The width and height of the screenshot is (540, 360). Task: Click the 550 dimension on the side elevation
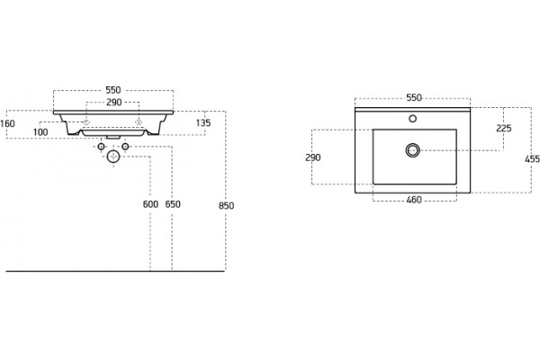tap(113, 90)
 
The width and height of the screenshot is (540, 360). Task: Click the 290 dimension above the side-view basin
tap(114, 103)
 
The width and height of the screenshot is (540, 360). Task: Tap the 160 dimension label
tap(7, 123)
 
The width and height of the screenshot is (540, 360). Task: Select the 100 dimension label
tap(40, 132)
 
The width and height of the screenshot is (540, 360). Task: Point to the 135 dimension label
tap(203, 123)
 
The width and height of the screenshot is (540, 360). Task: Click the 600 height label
tap(150, 204)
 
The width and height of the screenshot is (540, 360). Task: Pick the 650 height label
tap(173, 204)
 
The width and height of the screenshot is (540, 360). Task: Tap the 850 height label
tap(226, 206)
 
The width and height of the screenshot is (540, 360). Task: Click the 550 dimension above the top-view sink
tap(414, 98)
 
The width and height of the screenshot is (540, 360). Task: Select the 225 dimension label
tap(504, 129)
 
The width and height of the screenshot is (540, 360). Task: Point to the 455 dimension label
tap(533, 159)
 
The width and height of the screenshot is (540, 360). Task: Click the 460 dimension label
tap(414, 200)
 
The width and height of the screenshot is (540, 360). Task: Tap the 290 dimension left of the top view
tap(312, 157)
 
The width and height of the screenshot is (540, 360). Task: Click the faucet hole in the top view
tap(412, 119)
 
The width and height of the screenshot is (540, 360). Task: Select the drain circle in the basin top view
tap(412, 150)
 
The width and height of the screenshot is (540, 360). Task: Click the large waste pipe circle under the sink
tap(113, 157)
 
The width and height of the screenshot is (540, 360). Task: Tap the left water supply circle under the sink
tap(101, 147)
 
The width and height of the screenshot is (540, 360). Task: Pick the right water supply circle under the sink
tap(125, 147)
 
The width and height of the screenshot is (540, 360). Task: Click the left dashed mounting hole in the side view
tap(86, 122)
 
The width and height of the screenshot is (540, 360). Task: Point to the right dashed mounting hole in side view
tap(139, 122)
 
